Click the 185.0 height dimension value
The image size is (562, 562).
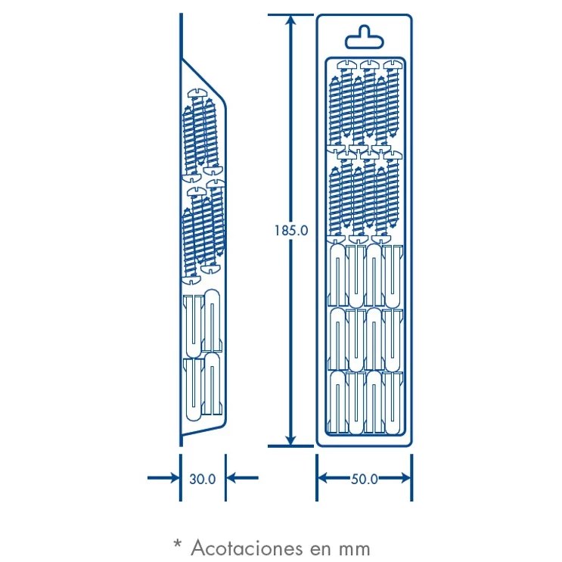[291, 231]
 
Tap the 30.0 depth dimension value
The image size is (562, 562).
[203, 479]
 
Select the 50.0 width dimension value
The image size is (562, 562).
[364, 479]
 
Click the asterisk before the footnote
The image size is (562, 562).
[178, 544]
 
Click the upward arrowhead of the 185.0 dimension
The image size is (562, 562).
[291, 22]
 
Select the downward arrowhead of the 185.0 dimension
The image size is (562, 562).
[291, 438]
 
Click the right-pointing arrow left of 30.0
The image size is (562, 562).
[163, 478]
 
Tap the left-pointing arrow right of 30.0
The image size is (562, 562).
[243, 478]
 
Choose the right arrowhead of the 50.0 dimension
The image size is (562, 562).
[405, 478]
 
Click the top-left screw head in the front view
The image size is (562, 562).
[347, 64]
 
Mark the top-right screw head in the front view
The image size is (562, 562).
[393, 64]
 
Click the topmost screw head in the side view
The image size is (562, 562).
[197, 93]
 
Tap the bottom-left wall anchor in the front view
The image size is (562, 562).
[338, 402]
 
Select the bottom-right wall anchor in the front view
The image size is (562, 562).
[393, 403]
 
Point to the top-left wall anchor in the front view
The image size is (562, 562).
[338, 275]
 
